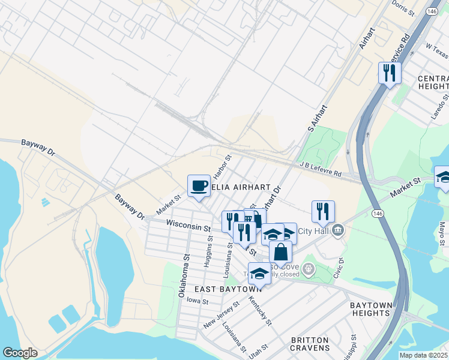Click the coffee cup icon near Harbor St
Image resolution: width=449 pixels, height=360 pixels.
tap(199, 185)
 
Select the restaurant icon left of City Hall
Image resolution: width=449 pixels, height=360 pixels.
tap(323, 211)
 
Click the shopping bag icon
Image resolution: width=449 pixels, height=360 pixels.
tap(280, 252)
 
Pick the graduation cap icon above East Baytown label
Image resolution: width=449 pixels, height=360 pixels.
tap(259, 274)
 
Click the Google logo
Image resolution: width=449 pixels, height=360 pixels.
tap(20, 353)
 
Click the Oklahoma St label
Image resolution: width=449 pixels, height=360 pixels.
tap(183, 278)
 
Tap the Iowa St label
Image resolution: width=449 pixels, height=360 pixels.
tap(197, 301)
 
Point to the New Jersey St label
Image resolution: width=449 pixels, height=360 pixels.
tap(220, 314)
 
